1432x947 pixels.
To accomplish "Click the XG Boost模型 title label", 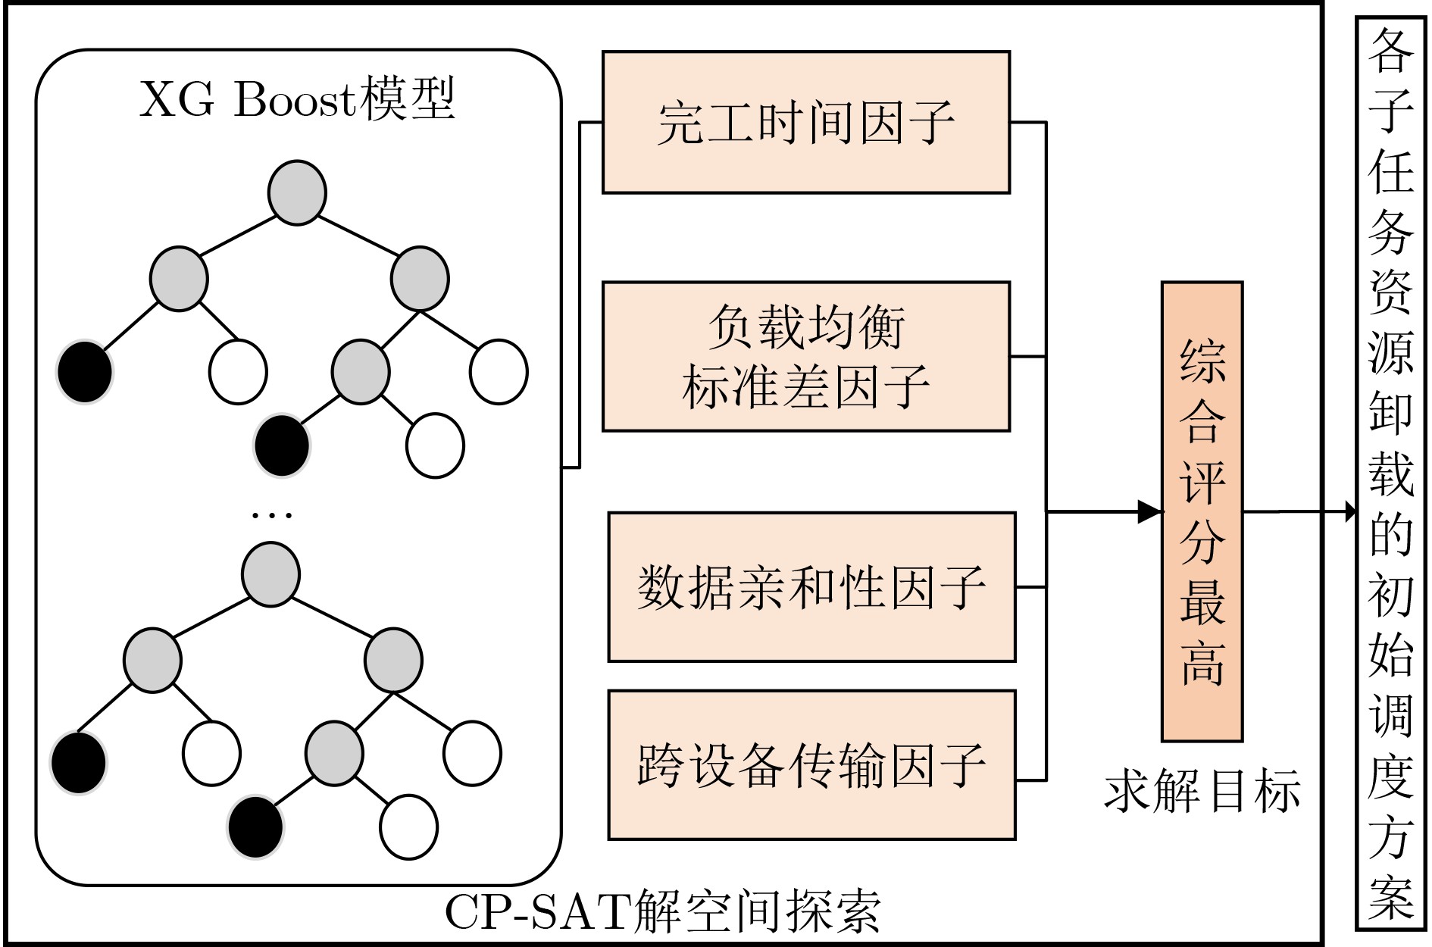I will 297,99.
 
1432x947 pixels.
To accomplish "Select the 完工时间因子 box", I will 805,122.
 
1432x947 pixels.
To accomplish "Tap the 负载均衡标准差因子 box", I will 805,356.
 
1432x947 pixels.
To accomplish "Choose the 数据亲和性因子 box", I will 811,587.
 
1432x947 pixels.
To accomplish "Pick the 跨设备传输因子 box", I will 811,764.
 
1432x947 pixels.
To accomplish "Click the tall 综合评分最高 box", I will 1202,511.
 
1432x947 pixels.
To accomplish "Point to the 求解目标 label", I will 1202,792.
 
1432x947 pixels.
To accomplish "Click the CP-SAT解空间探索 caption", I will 663,911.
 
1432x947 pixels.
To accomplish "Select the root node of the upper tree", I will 297,192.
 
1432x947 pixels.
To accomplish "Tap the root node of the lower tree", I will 270,574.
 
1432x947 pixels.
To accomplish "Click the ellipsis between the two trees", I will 271,516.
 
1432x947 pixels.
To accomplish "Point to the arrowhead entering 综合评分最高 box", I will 1150,511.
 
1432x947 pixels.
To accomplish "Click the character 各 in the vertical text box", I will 1391,51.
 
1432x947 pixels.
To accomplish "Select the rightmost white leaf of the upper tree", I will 499,371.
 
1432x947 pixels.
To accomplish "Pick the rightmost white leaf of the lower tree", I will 472,753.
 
